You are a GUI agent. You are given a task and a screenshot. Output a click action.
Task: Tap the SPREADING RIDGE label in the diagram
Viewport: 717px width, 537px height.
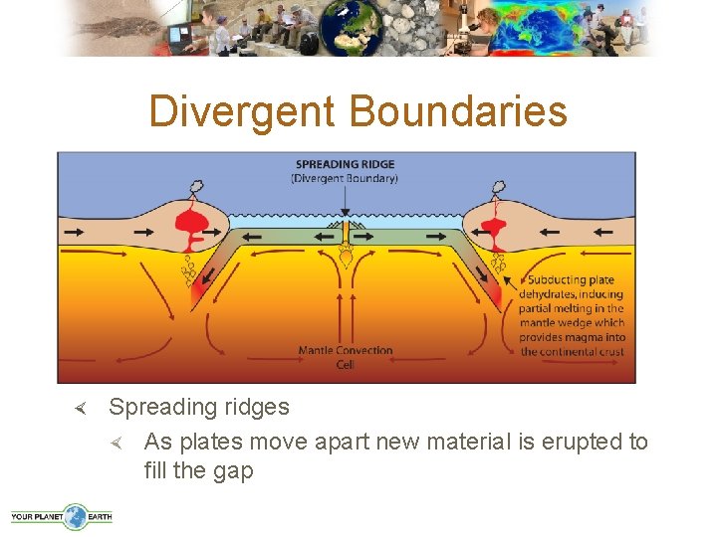[345, 164]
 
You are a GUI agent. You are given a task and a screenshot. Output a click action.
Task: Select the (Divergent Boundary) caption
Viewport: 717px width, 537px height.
[345, 178]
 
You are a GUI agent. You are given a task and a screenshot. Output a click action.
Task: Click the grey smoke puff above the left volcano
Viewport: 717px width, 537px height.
[198, 187]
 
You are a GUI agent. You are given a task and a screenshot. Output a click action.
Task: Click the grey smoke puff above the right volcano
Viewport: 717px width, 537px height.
[494, 187]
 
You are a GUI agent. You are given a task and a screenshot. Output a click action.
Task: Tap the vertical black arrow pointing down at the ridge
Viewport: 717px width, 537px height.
[345, 199]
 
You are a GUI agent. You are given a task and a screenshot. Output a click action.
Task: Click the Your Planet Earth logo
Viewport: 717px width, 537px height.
[62, 516]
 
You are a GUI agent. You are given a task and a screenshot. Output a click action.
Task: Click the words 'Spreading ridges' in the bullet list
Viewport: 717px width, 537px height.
[199, 407]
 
